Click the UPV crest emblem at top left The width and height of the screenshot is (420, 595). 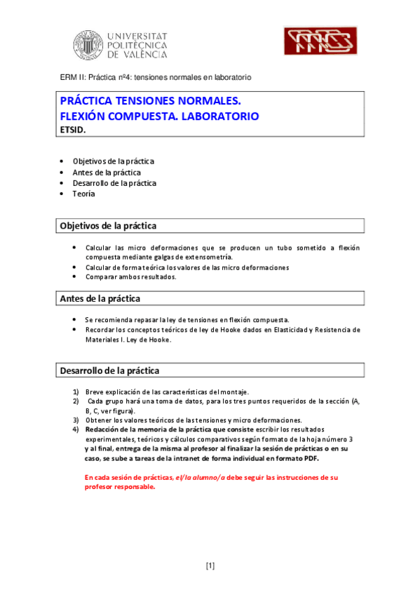89,45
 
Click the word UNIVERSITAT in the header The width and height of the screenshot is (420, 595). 138,34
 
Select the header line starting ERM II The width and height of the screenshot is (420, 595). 155,76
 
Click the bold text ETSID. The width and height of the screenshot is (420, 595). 72,129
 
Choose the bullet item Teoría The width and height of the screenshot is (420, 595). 83,194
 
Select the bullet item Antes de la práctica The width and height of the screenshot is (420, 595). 106,172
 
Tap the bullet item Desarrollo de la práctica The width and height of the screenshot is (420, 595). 114,183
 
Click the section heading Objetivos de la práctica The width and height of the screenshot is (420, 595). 109,225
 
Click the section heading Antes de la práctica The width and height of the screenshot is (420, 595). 100,299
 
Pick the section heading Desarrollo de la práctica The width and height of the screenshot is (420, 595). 109,370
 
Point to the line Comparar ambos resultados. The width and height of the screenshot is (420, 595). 130,276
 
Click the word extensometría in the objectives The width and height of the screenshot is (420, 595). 205,258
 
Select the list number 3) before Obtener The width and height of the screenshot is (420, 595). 75,420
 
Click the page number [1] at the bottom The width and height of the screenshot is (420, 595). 210,566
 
